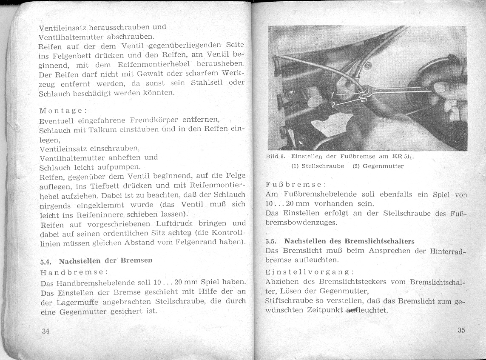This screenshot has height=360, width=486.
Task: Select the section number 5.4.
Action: pos(46,261)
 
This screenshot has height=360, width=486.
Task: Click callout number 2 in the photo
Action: pos(333,104)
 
